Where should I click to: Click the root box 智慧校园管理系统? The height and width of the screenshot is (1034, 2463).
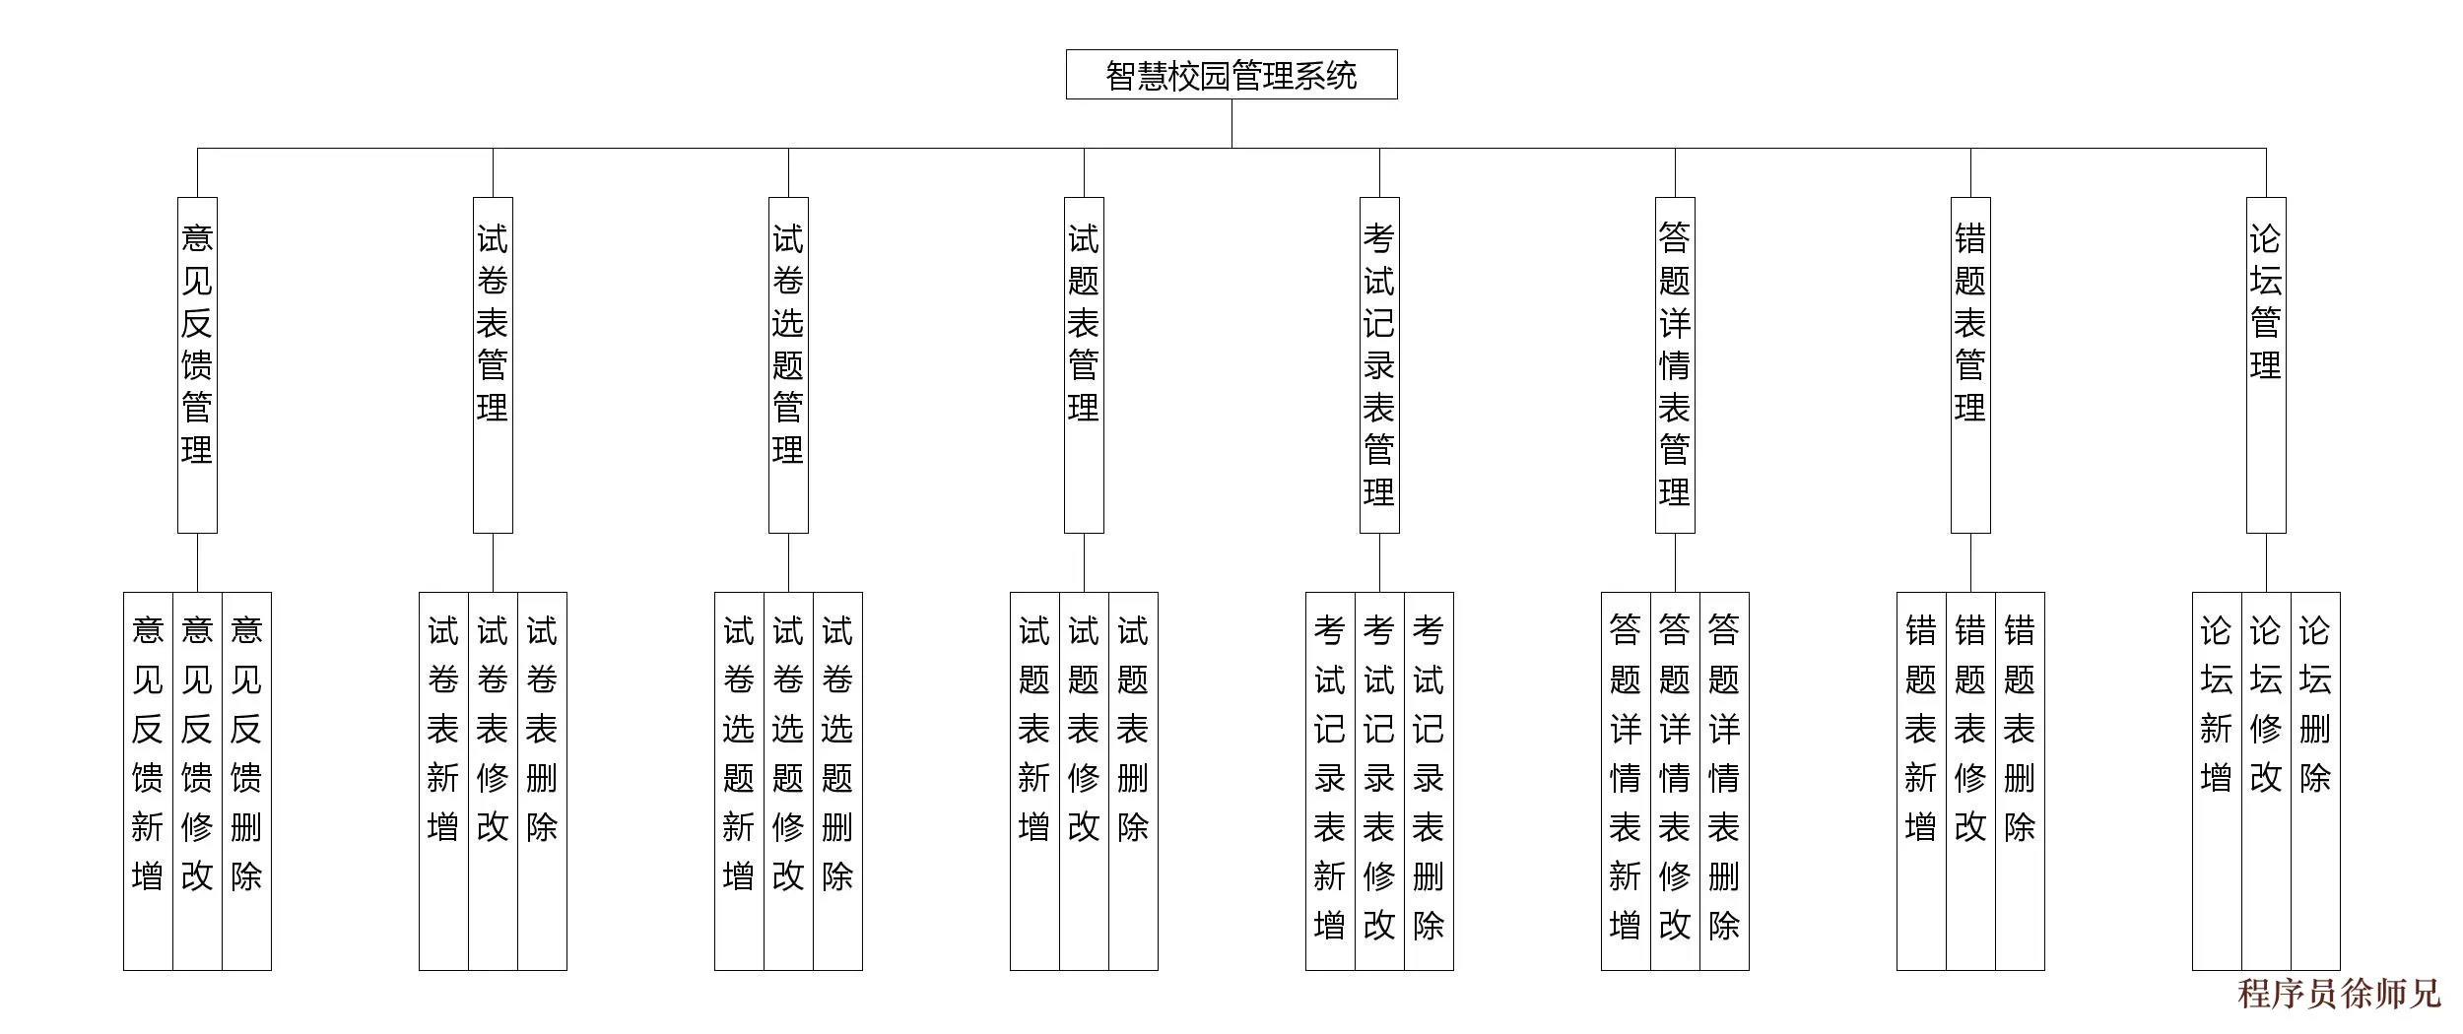[1231, 75]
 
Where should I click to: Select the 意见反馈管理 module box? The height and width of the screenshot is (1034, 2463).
[197, 364]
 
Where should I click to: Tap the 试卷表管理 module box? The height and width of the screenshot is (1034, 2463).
[493, 364]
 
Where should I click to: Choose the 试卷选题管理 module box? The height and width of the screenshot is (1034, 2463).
[788, 364]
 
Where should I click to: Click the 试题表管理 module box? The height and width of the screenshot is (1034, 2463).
[1084, 364]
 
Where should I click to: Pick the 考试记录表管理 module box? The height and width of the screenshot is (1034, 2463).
[1379, 364]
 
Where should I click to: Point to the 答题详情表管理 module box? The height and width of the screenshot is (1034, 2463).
[1675, 364]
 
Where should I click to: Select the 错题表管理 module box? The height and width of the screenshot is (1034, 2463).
[1970, 364]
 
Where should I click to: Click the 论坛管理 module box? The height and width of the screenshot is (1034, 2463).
[2266, 364]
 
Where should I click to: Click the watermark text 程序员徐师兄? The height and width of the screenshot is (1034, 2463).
[2339, 995]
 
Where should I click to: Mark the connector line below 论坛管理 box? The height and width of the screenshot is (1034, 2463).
[2266, 562]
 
